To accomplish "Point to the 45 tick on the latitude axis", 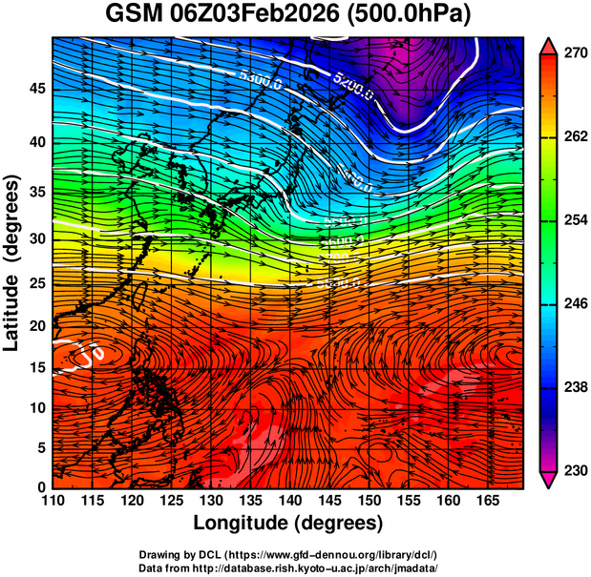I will [35, 89].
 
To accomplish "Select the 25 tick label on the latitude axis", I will [35, 284].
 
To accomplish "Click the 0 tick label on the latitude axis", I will [40, 486].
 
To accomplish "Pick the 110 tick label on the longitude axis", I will [53, 502].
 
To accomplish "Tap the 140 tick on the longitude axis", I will [286, 502].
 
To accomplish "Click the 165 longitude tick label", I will [483, 502].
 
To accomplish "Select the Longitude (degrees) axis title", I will [288, 523].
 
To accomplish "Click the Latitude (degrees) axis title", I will [13, 262].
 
